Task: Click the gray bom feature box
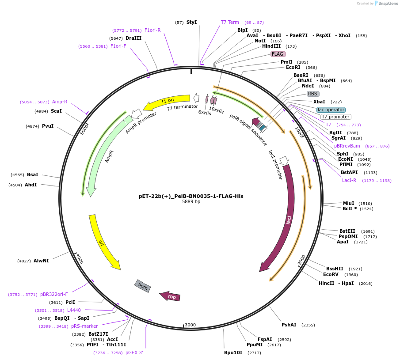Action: click(x=142, y=286)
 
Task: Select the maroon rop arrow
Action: click(x=170, y=296)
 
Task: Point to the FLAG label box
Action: click(x=278, y=54)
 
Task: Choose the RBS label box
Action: click(x=313, y=94)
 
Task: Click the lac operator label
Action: click(x=331, y=110)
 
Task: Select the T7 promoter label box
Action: click(x=335, y=117)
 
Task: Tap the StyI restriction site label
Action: click(x=191, y=22)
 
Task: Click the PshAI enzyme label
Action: click(x=289, y=325)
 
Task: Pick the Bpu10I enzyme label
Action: click(x=233, y=352)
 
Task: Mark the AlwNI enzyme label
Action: click(x=41, y=261)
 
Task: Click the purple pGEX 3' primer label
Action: click(x=134, y=352)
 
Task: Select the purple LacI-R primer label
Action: click(x=349, y=180)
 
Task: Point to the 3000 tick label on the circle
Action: click(x=190, y=325)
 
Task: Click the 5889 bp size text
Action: click(x=191, y=202)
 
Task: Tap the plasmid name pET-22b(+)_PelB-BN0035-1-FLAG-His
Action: click(x=191, y=196)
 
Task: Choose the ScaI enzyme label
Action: click(x=56, y=111)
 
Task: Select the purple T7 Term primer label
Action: click(x=230, y=22)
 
